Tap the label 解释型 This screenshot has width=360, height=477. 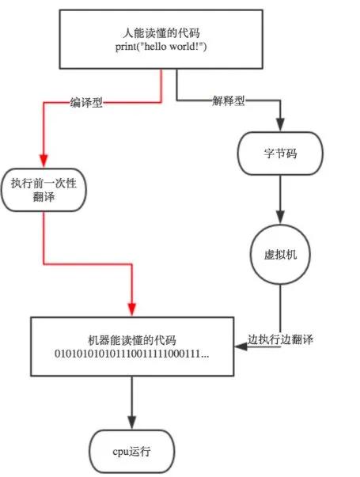(229, 100)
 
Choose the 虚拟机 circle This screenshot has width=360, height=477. (279, 256)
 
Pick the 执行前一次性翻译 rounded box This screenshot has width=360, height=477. (43, 190)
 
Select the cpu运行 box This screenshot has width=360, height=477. (131, 452)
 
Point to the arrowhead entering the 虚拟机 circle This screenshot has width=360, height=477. (279, 221)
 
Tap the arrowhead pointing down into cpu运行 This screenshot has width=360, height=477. (131, 423)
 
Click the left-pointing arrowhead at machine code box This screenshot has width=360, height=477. (238, 348)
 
